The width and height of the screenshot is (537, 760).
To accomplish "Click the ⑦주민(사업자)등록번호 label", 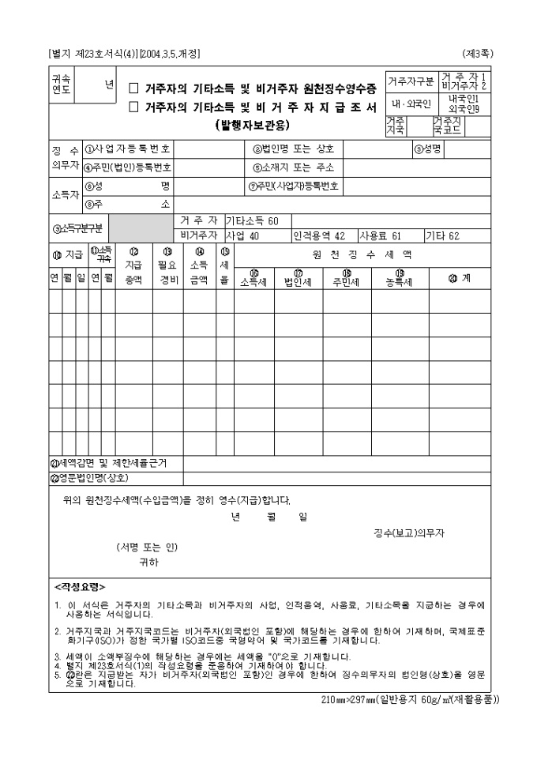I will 294,186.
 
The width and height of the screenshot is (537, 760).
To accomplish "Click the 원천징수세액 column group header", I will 362,255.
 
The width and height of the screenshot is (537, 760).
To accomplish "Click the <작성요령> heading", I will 80,587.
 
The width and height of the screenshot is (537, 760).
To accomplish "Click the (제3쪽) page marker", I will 478,53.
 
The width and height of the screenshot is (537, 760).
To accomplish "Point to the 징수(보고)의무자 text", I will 410,533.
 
